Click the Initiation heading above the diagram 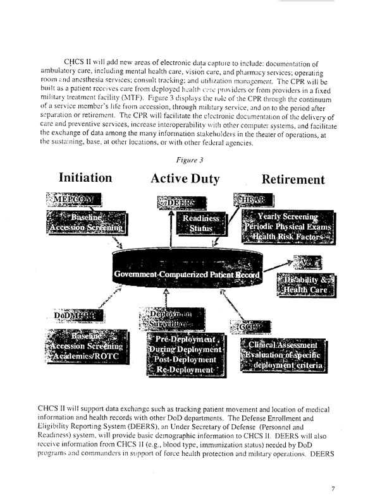pos(85,178)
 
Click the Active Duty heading pos(185,179)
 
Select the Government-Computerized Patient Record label pos(187,275)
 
